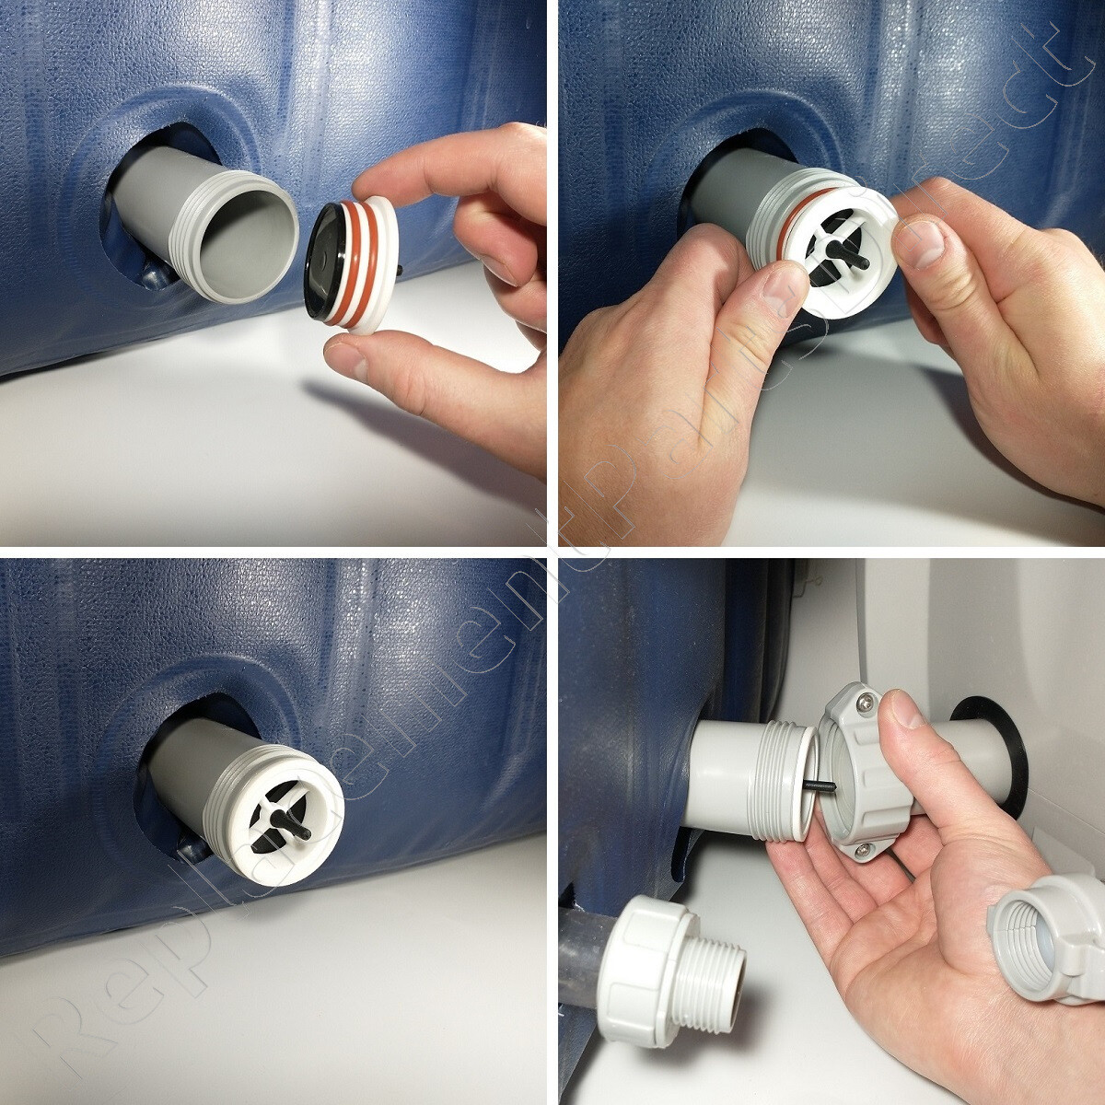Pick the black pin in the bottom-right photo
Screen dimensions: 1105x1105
click(x=819, y=785)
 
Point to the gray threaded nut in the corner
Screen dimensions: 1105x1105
click(x=1044, y=938)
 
